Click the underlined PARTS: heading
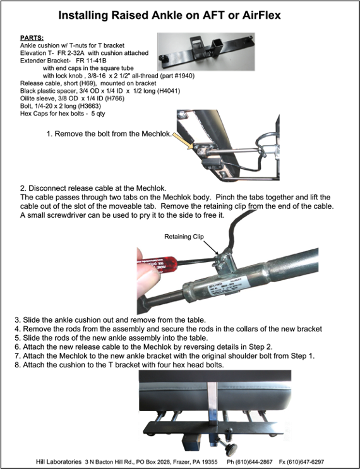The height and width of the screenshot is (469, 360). (32, 38)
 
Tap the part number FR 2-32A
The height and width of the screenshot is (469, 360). (73, 53)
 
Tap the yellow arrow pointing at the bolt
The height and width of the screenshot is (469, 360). (183, 141)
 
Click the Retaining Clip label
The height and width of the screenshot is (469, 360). (184, 237)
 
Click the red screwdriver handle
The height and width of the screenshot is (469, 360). (157, 263)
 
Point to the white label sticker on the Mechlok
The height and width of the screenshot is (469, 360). (227, 285)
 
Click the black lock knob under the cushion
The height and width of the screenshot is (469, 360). (231, 449)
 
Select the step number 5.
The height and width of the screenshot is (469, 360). (17, 338)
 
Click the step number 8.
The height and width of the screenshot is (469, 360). (17, 365)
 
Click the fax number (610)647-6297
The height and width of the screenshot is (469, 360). (306, 462)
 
